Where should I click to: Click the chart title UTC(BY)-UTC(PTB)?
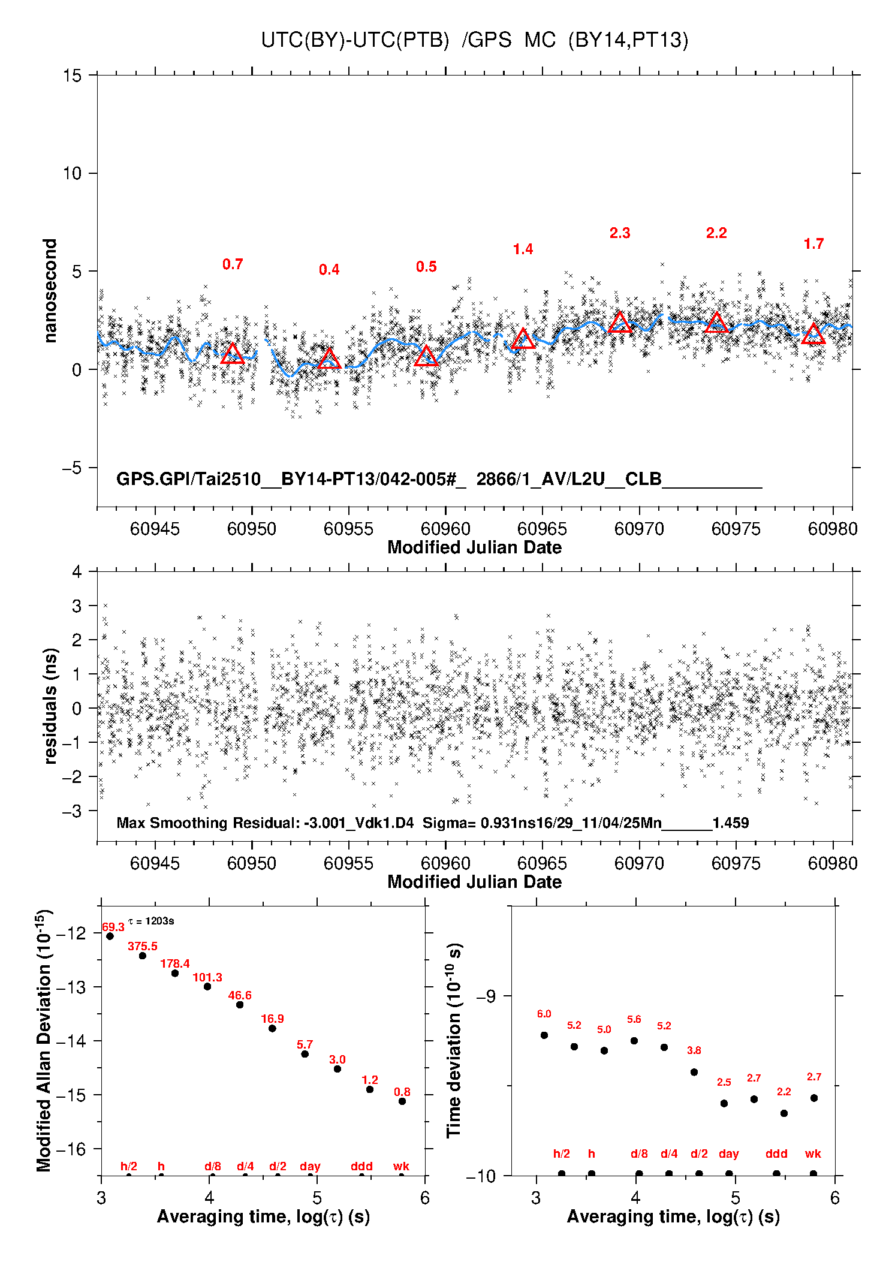(355, 40)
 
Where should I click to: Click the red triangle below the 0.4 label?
(329, 359)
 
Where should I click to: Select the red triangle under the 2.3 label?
(620, 323)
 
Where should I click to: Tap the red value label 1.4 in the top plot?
(523, 249)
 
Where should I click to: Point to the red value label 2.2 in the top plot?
(716, 233)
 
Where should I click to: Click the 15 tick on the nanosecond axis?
(72, 76)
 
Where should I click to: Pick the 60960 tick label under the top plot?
(445, 529)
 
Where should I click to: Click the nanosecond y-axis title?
(50, 290)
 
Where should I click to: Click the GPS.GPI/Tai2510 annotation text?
(188, 479)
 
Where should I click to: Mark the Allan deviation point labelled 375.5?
(143, 956)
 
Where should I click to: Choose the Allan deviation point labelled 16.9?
(272, 1028)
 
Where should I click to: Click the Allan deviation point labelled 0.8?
(402, 1101)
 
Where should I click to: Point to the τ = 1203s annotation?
(151, 921)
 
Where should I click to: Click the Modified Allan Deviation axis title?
(44, 1040)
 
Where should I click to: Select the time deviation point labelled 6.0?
(544, 1035)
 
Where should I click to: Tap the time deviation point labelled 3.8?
(694, 1072)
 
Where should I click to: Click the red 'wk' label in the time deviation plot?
(813, 1153)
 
